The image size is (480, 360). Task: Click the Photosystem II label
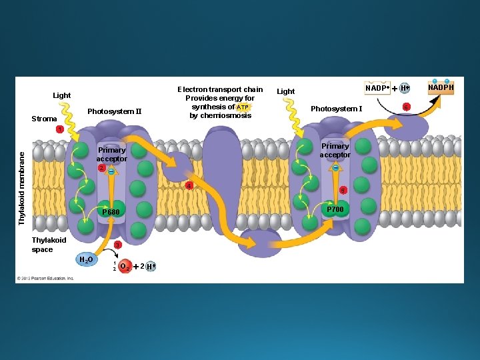[114, 111]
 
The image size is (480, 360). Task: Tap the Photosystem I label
[336, 109]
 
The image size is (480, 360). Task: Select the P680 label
[110, 212]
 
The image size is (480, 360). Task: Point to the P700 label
[335, 209]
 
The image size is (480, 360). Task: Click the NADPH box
[441, 88]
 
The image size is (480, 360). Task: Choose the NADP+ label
[377, 88]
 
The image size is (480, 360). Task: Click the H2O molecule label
[86, 260]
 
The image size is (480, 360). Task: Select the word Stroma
[44, 119]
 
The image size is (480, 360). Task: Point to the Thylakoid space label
[49, 245]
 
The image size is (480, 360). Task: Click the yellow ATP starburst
[243, 107]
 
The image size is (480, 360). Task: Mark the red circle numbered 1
[59, 129]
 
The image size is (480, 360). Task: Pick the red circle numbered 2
[101, 168]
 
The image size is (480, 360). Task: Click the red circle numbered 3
[117, 245]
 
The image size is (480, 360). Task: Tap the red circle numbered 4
[189, 185]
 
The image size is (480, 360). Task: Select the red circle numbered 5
[343, 190]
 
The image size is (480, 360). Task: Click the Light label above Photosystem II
[61, 95]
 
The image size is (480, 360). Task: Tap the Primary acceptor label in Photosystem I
[335, 151]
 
